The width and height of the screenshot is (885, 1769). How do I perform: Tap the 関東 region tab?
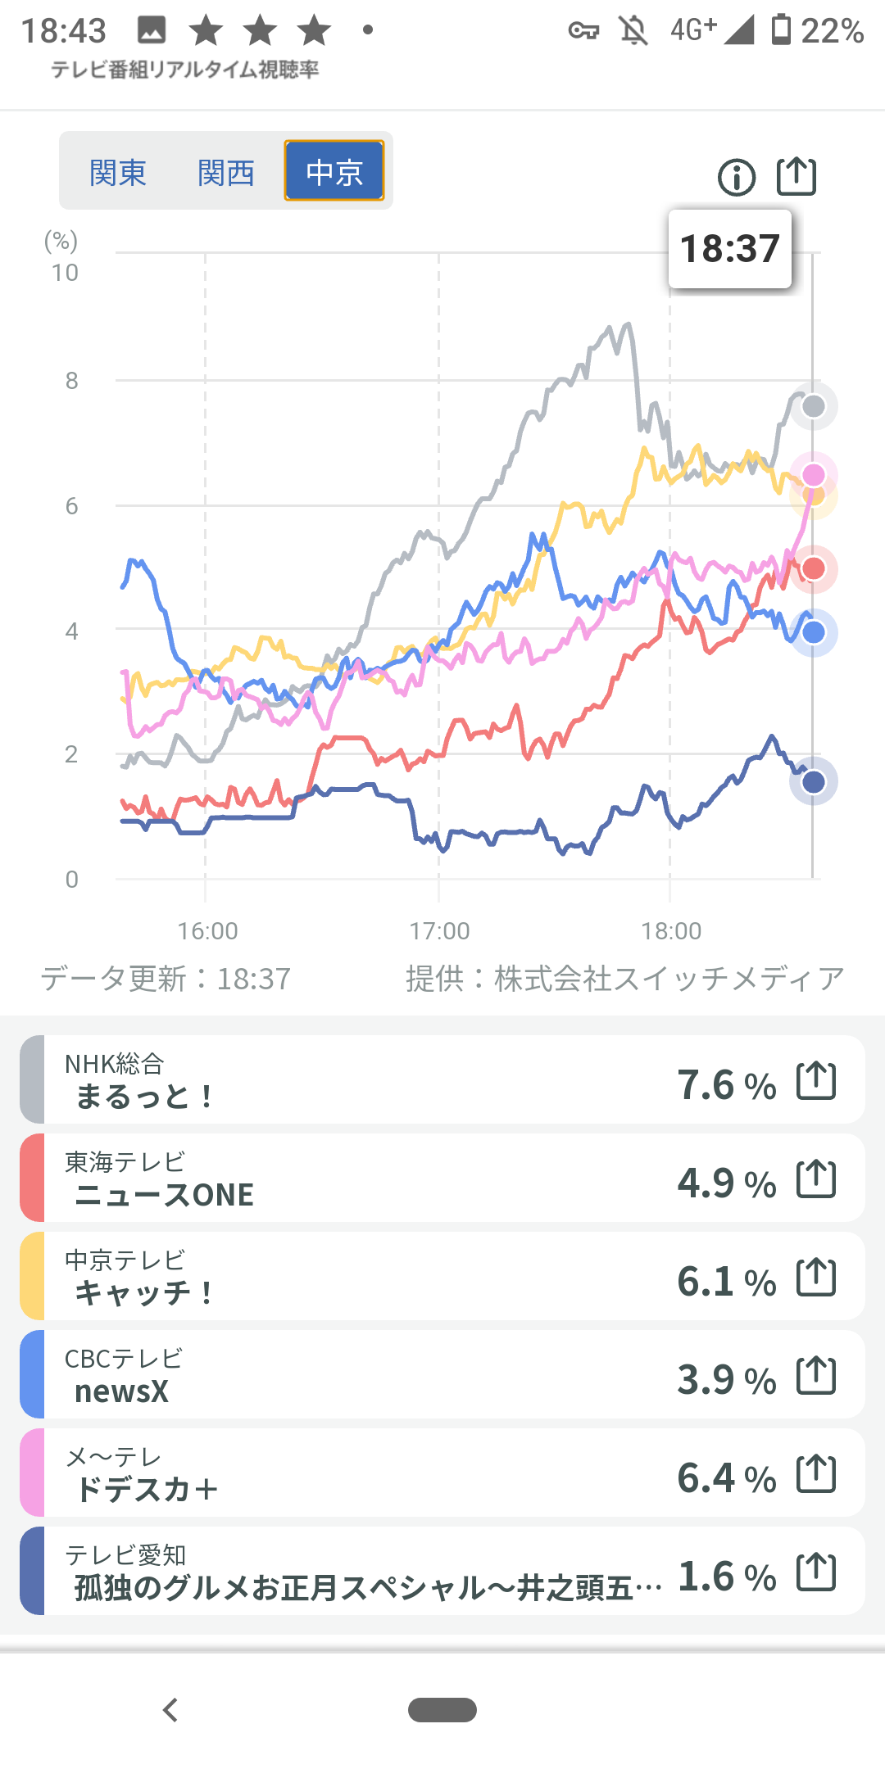118,173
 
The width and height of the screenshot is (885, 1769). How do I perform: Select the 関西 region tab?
226,173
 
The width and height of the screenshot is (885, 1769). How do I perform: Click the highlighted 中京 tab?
334,171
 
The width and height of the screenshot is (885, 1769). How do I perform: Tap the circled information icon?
737,177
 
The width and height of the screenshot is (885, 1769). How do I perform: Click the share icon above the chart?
796,176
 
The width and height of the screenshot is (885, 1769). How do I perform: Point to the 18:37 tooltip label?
729,249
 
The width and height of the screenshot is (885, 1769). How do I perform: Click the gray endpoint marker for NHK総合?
813,406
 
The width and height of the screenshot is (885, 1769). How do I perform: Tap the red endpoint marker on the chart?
813,568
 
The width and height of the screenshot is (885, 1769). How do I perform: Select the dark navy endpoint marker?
813,781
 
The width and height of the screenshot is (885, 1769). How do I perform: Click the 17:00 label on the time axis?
439,931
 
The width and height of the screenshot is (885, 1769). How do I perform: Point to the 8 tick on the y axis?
72,381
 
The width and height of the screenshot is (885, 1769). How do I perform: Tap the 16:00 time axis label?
207,931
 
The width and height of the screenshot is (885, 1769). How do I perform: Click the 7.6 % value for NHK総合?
726,1085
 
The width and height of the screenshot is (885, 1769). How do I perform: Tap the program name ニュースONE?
164,1195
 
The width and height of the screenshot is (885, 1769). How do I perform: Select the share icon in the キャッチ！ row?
816,1277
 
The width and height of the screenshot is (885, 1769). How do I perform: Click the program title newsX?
121,1391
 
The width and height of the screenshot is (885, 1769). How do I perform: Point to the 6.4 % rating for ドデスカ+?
726,1478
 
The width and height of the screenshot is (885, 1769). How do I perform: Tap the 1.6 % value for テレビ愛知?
727,1577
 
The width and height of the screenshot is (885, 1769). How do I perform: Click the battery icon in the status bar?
782,29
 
